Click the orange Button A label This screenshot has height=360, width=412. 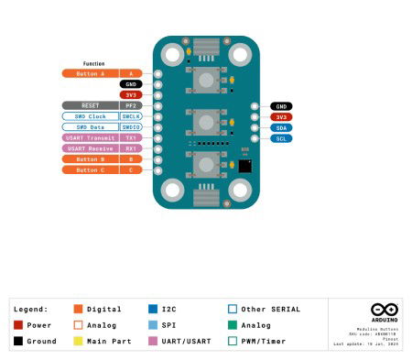90,73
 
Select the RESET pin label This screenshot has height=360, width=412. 90,105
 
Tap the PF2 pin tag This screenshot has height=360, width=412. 132,105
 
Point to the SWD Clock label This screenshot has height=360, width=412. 90,116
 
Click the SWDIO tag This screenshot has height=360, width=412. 132,127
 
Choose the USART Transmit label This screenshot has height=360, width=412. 90,137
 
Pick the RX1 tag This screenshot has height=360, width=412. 132,148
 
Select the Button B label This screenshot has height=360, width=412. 90,159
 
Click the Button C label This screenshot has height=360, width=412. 90,169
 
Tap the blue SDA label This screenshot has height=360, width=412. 280,127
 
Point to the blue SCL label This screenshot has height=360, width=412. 280,138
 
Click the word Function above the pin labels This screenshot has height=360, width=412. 94,63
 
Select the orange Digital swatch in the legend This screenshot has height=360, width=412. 79,310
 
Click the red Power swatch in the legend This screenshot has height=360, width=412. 18,324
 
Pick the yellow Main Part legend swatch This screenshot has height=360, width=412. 79,340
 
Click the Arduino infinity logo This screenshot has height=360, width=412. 383,311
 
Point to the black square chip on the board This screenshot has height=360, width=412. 245,166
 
